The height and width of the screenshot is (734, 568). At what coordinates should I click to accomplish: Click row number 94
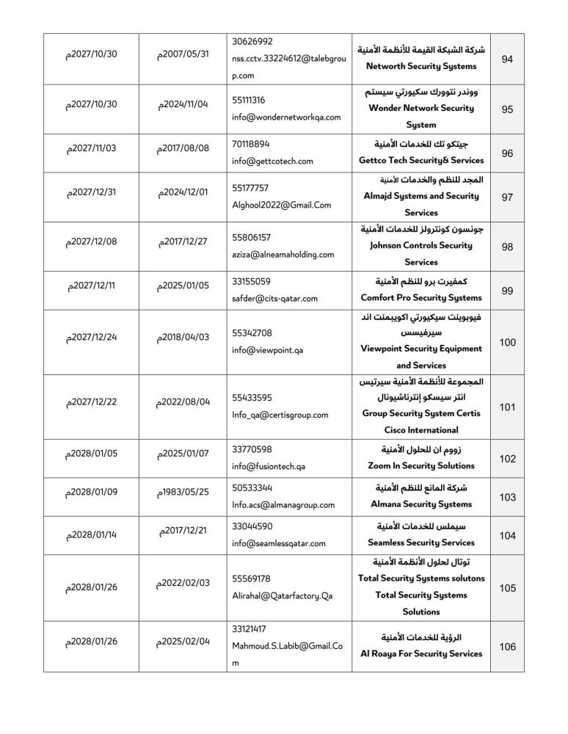tap(507, 59)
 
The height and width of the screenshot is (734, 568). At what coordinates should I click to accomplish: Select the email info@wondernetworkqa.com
tap(286, 117)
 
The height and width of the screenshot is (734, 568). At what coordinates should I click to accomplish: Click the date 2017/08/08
tap(183, 148)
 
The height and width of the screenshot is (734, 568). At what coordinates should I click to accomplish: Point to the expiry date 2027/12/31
tap(92, 192)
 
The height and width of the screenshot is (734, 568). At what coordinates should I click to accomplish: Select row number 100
tap(507, 342)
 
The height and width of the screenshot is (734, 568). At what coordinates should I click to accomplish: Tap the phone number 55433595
tap(252, 398)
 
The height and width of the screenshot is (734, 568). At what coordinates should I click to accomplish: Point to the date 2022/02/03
tap(183, 583)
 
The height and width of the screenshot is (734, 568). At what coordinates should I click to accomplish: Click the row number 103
tap(507, 497)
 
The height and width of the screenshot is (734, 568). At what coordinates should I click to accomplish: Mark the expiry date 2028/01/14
tap(92, 535)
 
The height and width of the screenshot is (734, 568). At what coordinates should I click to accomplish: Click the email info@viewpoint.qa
tap(267, 350)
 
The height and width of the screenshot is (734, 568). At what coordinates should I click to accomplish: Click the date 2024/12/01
tap(183, 192)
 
